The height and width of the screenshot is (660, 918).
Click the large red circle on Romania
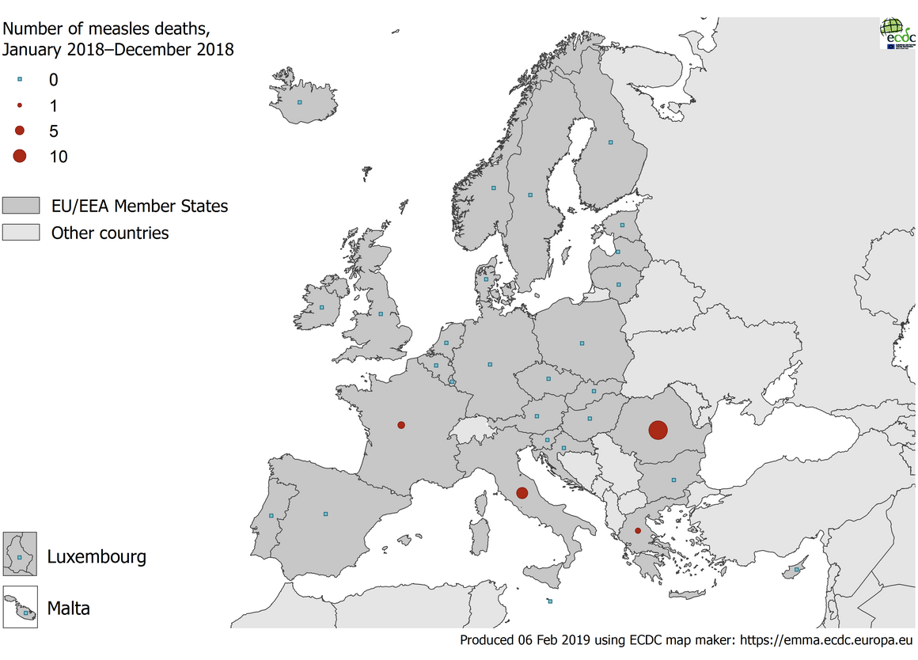pyautogui.click(x=658, y=431)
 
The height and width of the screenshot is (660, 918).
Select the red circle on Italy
pyautogui.click(x=522, y=493)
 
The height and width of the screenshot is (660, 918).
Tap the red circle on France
pyautogui.click(x=401, y=425)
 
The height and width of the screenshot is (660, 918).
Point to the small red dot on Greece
pyautogui.click(x=638, y=530)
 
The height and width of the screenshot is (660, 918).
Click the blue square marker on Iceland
pyautogui.click(x=299, y=102)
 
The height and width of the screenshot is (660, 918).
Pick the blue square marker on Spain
pyautogui.click(x=325, y=514)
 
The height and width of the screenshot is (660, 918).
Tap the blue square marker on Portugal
pyautogui.click(x=271, y=516)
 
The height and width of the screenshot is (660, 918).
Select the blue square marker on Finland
pyautogui.click(x=611, y=142)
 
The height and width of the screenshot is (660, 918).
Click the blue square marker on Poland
pyautogui.click(x=582, y=343)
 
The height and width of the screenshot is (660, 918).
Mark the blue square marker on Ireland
pyautogui.click(x=321, y=307)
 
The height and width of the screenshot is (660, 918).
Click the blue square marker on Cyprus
pyautogui.click(x=797, y=569)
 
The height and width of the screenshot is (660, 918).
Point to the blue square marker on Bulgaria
pyautogui.click(x=673, y=480)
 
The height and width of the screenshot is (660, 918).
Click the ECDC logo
pyautogui.click(x=897, y=34)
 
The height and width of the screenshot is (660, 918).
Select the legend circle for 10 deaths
pyautogui.click(x=19, y=156)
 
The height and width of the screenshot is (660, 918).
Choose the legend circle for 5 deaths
pyautogui.click(x=19, y=131)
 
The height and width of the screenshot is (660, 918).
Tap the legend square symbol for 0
pyautogui.click(x=19, y=79)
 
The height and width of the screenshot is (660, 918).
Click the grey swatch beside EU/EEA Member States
pyautogui.click(x=21, y=206)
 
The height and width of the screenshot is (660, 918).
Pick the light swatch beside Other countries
pyautogui.click(x=21, y=233)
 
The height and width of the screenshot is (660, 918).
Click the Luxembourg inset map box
pyautogui.click(x=20, y=554)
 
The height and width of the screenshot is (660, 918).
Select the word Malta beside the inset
pyautogui.click(x=68, y=609)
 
